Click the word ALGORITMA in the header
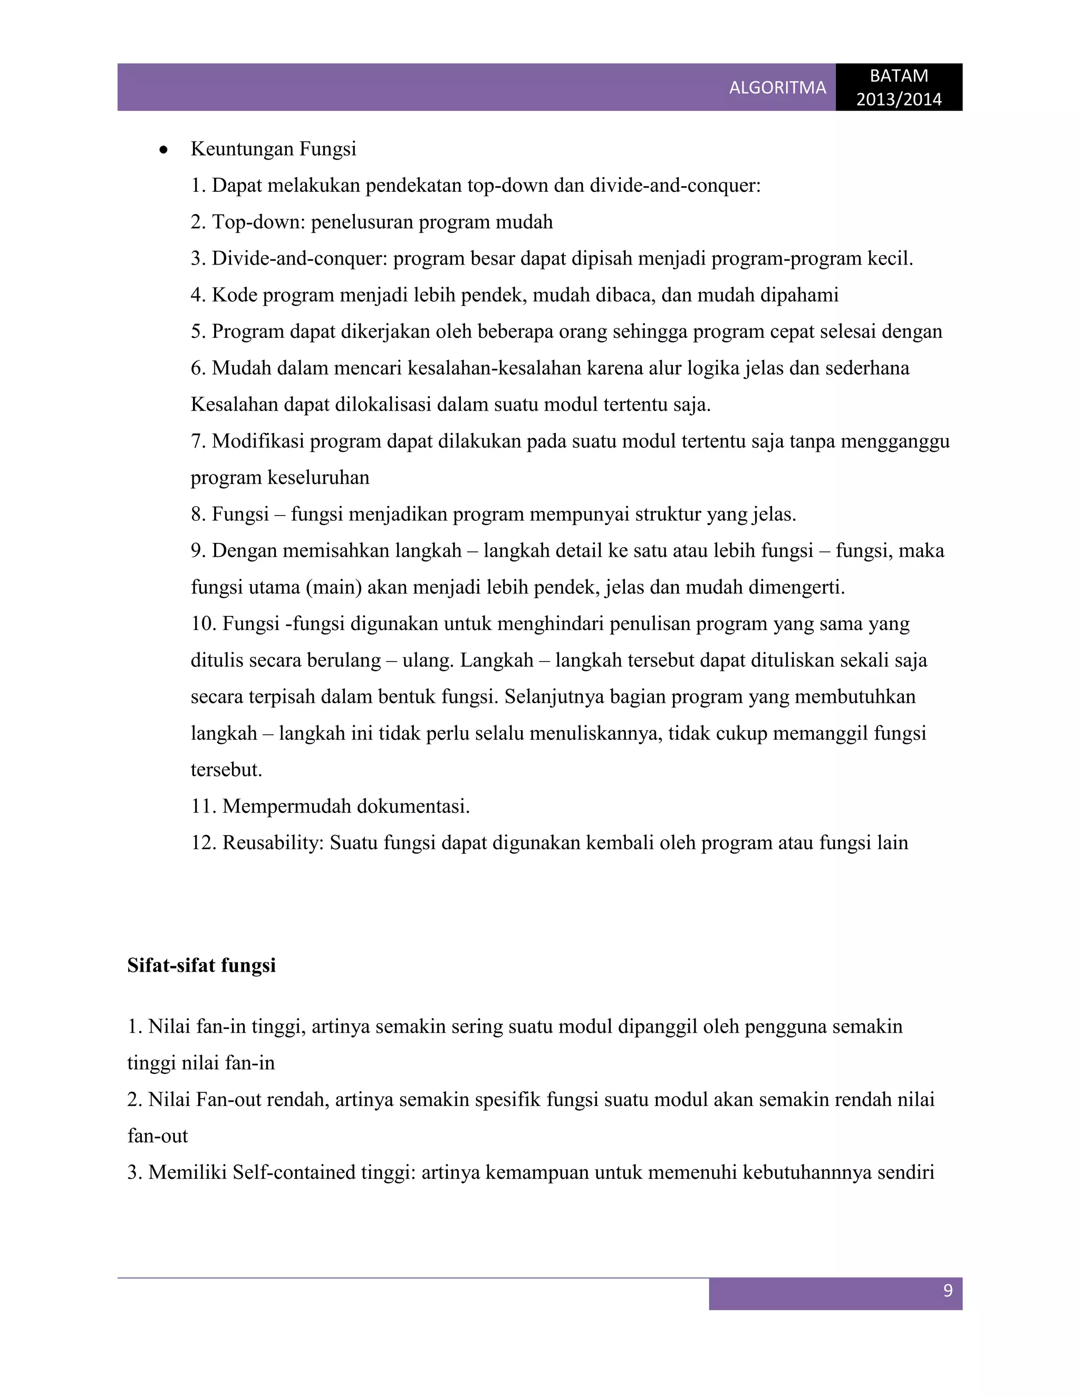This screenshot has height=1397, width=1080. [777, 88]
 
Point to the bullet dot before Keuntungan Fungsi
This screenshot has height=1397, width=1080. [164, 150]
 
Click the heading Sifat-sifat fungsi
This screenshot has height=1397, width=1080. [201, 965]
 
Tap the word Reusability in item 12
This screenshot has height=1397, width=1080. [273, 843]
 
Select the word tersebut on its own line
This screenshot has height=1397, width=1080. [226, 770]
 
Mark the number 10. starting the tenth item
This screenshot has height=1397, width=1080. [204, 624]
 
